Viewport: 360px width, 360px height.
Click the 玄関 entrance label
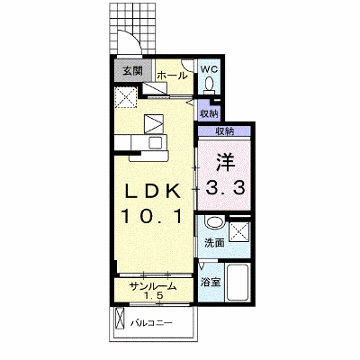click(133, 71)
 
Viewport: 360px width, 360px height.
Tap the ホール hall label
click(172, 76)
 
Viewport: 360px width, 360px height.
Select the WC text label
click(209, 69)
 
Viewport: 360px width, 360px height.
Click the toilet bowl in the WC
click(209, 84)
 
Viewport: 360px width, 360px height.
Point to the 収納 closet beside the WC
click(209, 113)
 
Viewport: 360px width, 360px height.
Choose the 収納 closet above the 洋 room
click(225, 131)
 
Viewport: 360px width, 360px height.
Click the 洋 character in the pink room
click(225, 162)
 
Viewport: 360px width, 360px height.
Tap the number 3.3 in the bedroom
click(225, 189)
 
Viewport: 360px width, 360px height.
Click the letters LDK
click(153, 192)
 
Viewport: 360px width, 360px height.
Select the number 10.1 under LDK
click(152, 216)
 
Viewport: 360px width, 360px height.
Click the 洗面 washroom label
click(214, 243)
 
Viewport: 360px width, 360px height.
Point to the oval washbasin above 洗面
click(214, 223)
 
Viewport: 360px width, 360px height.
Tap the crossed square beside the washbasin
click(239, 231)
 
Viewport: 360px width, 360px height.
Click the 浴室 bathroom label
click(211, 282)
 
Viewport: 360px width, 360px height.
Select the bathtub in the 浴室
click(238, 283)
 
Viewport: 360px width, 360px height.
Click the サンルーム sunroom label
click(153, 287)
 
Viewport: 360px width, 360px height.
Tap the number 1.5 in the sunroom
click(153, 296)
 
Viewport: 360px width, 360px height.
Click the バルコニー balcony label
click(151, 323)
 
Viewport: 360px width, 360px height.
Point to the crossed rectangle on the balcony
click(120, 319)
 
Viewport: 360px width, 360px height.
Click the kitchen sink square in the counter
click(157, 142)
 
